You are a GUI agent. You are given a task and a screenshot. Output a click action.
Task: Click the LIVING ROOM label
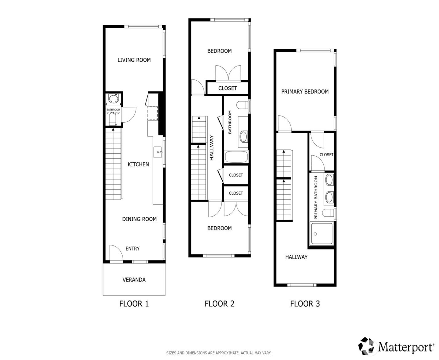pos(134,60)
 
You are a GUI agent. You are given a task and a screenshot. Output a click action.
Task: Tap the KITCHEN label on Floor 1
pos(138,164)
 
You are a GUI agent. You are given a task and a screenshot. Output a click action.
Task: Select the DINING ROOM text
pos(139,219)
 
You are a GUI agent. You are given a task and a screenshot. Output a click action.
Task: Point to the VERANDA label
pos(134,280)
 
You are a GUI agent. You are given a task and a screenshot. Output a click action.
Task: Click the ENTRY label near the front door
pos(132,249)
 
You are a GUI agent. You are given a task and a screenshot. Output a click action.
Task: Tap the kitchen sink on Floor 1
pos(158,153)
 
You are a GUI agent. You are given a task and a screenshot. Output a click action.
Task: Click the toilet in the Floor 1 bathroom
pos(113,99)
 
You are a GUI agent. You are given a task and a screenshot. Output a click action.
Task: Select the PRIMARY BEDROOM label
pos(305,92)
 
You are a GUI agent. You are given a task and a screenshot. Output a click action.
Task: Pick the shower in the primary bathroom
pos(321,234)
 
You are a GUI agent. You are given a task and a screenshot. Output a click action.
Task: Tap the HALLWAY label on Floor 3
pos(296,257)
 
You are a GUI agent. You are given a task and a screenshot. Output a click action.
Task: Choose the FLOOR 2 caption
pos(219,304)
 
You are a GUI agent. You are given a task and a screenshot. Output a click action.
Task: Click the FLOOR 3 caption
pos(305,304)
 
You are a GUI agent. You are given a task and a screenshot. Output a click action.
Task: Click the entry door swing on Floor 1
pos(115,253)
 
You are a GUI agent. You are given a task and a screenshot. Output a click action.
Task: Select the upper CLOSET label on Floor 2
pos(228,88)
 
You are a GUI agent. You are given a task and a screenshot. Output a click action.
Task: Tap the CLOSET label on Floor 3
pos(326,155)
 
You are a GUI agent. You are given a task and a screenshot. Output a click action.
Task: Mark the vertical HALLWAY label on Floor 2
pos(212,148)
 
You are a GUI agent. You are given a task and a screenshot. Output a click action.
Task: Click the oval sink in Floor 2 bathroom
pos(243,136)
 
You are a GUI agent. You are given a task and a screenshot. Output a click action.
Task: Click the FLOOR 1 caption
pos(134,304)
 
